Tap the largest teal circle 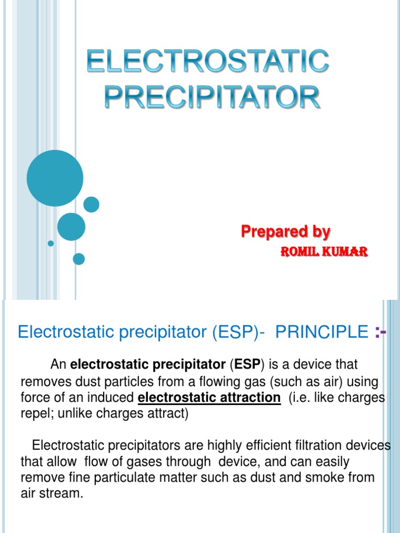click(x=55, y=178)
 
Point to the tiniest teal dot click(x=51, y=243)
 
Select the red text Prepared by click(x=285, y=232)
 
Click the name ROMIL click(x=298, y=252)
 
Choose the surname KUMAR click(x=346, y=252)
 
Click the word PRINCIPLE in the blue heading click(x=321, y=332)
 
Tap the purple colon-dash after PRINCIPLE click(x=380, y=332)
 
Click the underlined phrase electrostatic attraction click(x=209, y=398)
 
